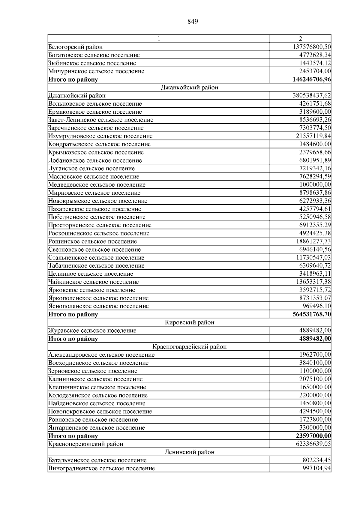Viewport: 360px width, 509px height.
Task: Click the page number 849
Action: click(x=193, y=21)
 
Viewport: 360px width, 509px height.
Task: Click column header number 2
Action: click(x=300, y=39)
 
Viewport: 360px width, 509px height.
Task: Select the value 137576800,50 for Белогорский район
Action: click(x=312, y=47)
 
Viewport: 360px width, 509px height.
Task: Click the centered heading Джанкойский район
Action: click(x=190, y=88)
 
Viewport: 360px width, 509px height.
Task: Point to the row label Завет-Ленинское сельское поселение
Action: click(x=101, y=120)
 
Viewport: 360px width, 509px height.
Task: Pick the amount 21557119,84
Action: click(x=313, y=136)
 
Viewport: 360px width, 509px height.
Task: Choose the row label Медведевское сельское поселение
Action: click(x=97, y=185)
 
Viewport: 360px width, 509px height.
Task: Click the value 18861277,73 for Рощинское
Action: click(x=313, y=241)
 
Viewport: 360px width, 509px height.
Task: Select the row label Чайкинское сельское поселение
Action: click(x=94, y=282)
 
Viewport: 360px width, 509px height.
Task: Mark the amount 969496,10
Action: click(x=317, y=306)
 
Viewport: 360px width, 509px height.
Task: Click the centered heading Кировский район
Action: click(x=190, y=322)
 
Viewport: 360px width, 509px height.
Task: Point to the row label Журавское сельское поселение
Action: click(x=92, y=331)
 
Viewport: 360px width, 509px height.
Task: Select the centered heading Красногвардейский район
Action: click(x=190, y=347)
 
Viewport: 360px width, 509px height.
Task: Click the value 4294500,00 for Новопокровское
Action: click(x=315, y=412)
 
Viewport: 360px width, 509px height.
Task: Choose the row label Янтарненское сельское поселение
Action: click(x=97, y=428)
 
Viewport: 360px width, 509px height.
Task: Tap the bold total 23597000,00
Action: click(x=313, y=436)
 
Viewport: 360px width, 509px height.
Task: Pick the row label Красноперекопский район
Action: click(x=86, y=444)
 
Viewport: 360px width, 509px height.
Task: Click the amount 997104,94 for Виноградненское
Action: click(x=317, y=468)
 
